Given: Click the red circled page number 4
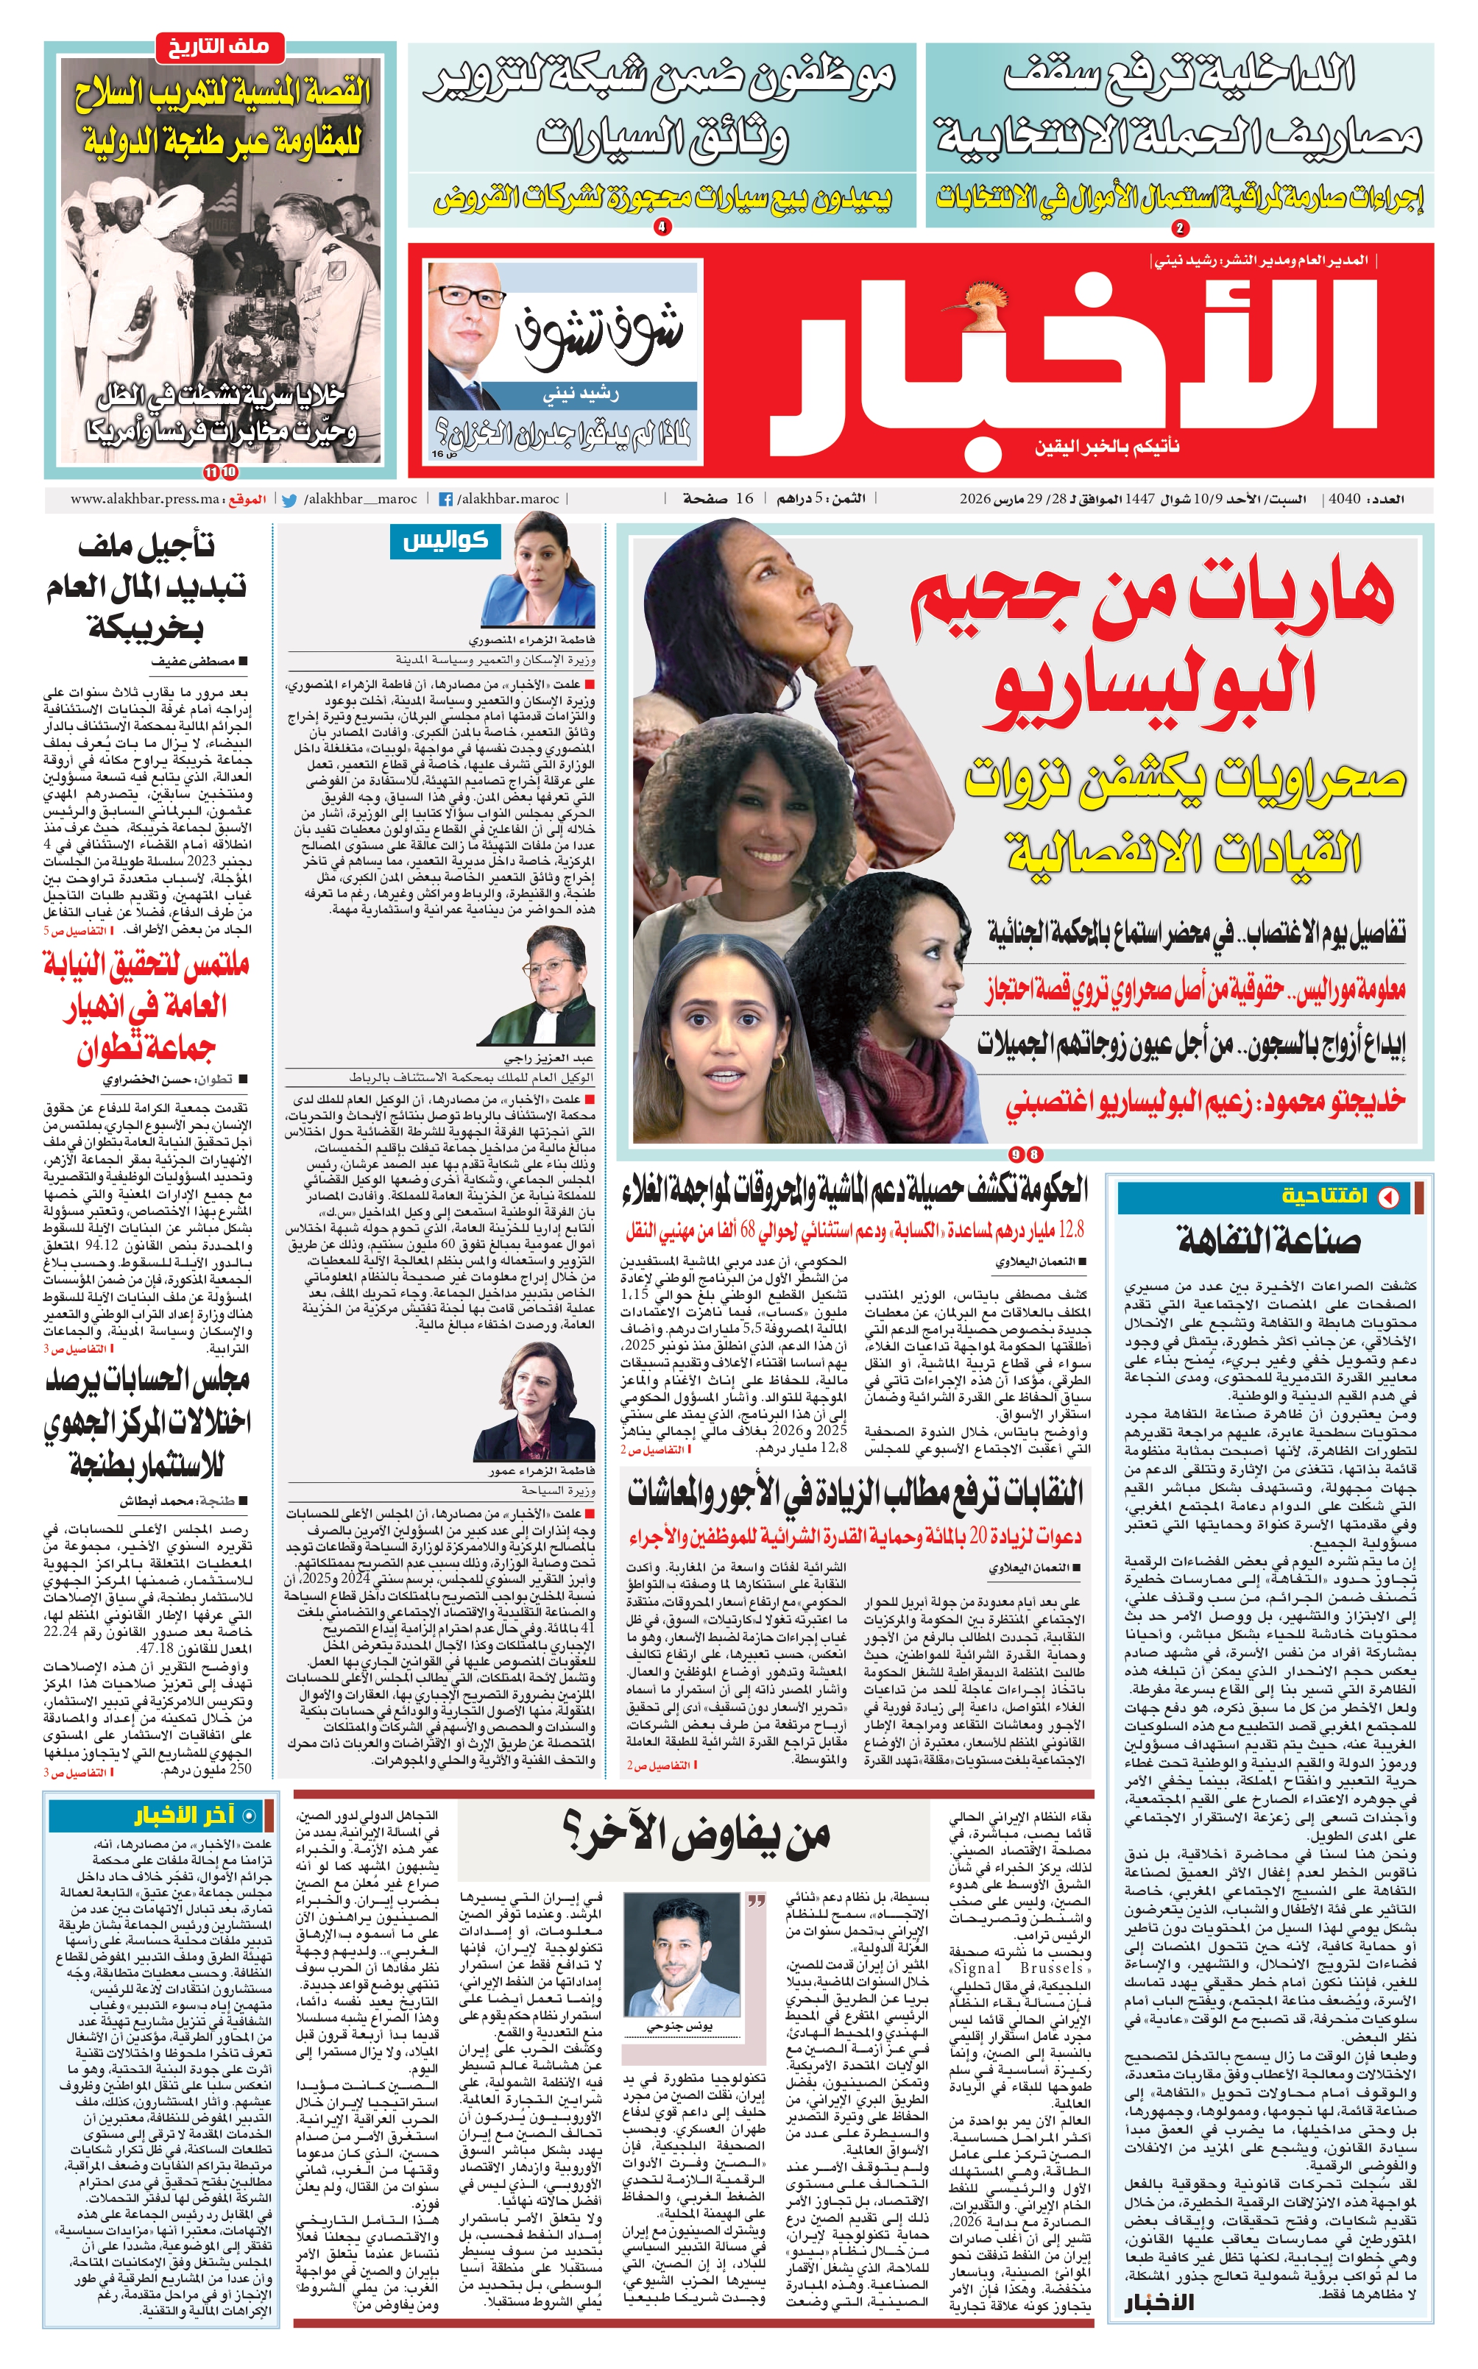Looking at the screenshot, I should click(662, 227).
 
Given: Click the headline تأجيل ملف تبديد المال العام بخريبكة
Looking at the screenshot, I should click(146, 587).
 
